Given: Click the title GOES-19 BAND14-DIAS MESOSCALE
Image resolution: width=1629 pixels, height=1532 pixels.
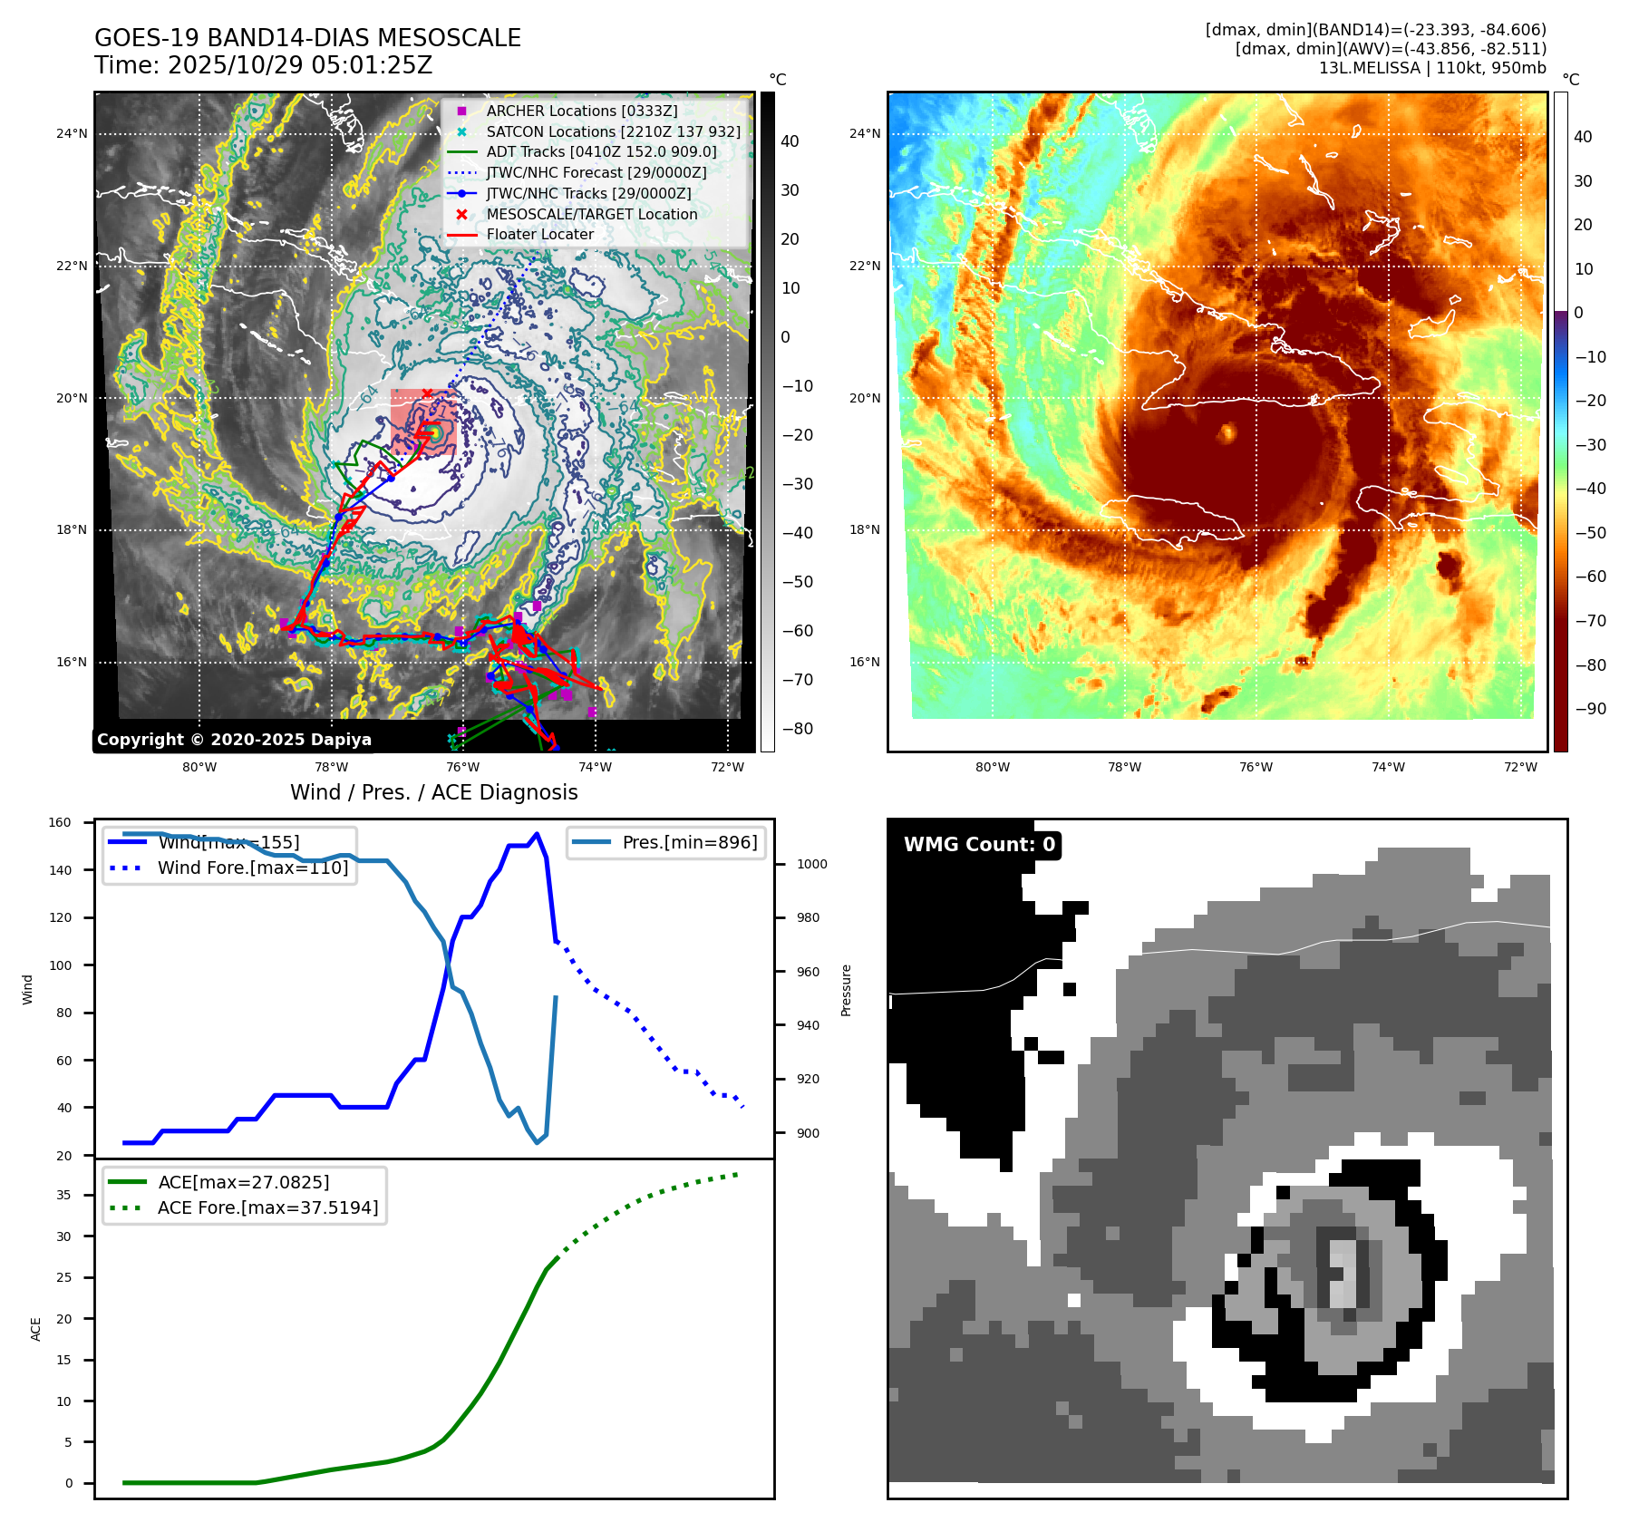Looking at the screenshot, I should click(307, 38).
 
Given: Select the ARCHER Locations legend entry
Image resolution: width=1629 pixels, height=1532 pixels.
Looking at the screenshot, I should click(581, 111).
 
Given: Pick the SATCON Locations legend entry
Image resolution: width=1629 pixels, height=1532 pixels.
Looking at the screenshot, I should click(613, 131).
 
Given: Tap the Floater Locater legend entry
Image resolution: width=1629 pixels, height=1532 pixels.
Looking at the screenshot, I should click(539, 234).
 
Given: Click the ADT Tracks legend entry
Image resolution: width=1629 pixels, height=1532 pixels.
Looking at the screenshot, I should click(601, 151).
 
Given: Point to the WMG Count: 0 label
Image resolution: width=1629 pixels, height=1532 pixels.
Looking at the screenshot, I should click(979, 845).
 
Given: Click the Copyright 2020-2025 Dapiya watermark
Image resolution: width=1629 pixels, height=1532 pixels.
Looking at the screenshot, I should click(234, 740).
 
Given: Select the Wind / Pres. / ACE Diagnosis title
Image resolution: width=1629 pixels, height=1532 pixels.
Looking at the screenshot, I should click(433, 792).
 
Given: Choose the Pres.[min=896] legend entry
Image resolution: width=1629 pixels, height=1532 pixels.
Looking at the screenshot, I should click(689, 842).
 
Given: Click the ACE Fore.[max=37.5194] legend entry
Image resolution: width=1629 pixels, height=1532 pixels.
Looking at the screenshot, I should click(267, 1207).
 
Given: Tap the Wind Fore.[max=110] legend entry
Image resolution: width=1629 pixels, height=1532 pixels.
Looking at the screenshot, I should click(252, 868).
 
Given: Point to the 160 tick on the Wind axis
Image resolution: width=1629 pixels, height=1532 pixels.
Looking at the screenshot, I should click(60, 823).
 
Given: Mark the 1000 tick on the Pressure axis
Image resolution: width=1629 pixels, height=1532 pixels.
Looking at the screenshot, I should click(811, 864).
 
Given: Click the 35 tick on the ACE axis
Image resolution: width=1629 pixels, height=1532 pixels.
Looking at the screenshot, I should click(63, 1195).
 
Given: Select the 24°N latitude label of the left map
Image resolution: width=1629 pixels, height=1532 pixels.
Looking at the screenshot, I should click(72, 134).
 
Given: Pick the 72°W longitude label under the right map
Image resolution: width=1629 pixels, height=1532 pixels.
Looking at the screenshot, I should click(1520, 767).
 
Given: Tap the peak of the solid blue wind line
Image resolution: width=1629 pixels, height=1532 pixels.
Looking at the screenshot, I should click(537, 834).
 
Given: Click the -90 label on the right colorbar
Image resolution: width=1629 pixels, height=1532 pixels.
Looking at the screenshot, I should click(1590, 709).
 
